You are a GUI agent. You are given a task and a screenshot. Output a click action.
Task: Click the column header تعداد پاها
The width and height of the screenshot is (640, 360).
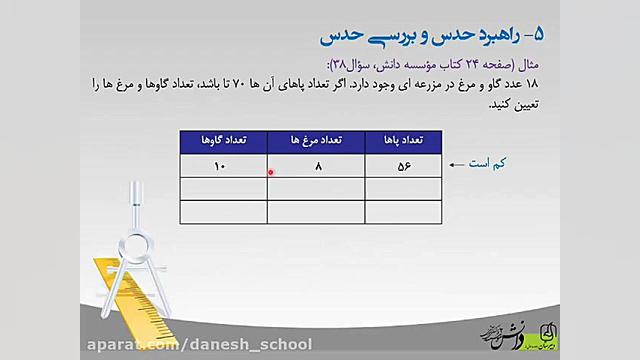point(404,142)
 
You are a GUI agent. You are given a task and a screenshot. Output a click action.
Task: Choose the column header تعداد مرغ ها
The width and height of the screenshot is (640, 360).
point(317,142)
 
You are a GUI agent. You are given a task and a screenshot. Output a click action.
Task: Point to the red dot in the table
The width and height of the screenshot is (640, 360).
point(271,170)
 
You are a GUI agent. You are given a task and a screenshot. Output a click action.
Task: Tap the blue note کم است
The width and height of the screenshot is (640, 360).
point(494,162)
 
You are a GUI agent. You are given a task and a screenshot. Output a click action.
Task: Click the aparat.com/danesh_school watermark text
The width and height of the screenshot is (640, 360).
point(201,345)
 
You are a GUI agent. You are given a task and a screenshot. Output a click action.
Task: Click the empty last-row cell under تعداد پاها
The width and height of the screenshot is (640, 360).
point(404,212)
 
